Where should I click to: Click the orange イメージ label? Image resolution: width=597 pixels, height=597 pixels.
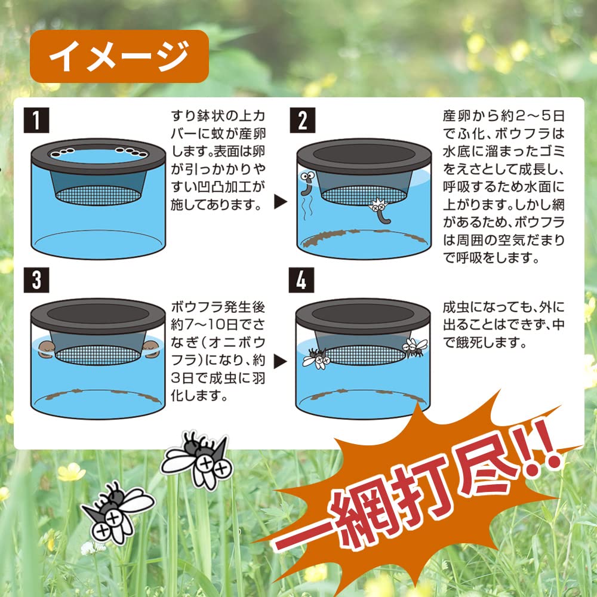tap(119, 56)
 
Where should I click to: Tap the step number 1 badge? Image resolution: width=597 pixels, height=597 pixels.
tap(36, 121)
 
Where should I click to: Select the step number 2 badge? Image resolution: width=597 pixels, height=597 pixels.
tap(302, 121)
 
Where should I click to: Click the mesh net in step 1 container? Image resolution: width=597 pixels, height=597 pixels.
tap(99, 193)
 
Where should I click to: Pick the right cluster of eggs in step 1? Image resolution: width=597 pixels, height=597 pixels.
tap(132, 152)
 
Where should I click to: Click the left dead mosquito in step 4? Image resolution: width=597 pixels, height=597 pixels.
tap(316, 357)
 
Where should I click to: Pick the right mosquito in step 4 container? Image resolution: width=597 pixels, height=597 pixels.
tap(414, 347)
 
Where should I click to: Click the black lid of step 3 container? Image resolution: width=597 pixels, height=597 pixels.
tap(98, 312)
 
